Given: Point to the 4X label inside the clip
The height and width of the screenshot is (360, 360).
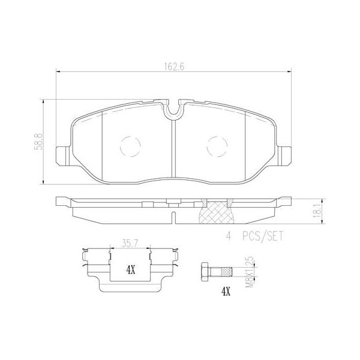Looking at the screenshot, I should [130, 270].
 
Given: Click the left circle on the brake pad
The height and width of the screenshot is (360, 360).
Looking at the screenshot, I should [130, 146].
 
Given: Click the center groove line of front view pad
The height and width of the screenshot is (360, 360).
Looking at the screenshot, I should [173, 147].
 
